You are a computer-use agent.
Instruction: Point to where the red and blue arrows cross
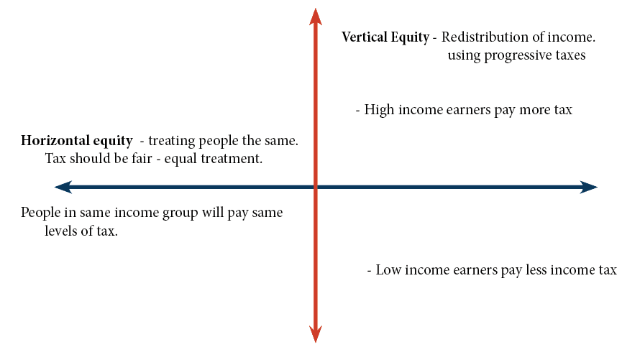point(316,187)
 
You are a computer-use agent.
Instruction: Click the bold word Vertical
point(365,37)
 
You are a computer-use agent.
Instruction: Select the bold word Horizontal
point(55,140)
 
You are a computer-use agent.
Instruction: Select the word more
point(535,110)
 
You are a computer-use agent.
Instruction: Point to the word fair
point(142,158)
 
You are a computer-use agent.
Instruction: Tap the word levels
point(61,231)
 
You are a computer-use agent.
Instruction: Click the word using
point(464,56)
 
